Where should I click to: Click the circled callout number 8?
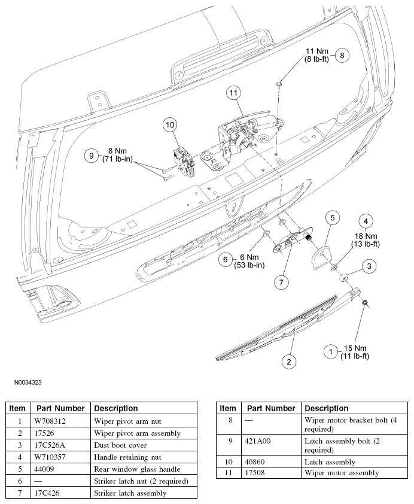[x=342, y=55]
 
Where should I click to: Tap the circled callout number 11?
[x=233, y=93]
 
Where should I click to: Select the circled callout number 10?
[x=170, y=125]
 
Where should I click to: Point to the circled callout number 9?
[x=91, y=156]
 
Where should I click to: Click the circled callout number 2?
[x=289, y=362]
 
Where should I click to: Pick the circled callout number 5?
[x=333, y=218]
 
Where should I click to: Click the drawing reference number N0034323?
[x=28, y=382]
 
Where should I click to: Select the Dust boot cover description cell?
[x=144, y=445]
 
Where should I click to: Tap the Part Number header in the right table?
[x=271, y=408]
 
